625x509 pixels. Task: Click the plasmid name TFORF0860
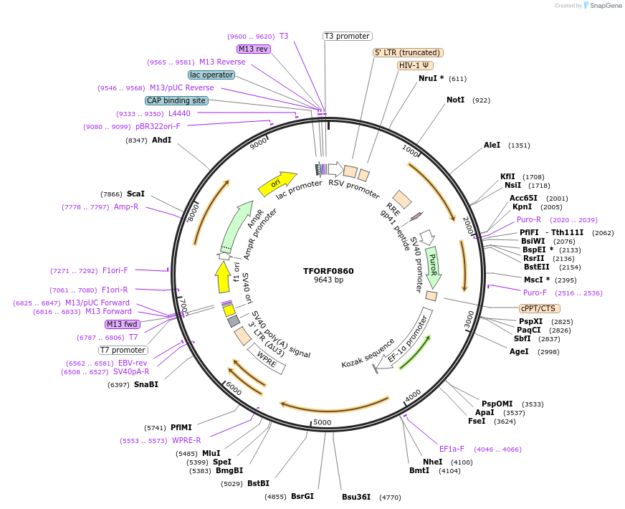(328, 271)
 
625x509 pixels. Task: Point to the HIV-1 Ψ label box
(416, 65)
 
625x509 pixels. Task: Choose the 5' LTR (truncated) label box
(408, 52)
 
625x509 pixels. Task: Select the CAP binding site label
(176, 101)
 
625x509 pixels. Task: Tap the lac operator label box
(211, 75)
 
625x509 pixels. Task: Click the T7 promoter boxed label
(123, 351)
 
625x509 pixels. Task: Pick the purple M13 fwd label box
(122, 324)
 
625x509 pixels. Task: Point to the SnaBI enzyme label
(145, 385)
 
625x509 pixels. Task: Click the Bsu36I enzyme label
(356, 497)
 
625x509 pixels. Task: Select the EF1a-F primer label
(452, 449)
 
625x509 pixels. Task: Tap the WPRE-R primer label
(186, 440)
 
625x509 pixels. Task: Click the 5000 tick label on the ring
(323, 422)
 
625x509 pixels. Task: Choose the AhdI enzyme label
(161, 141)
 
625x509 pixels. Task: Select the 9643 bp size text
(328, 280)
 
